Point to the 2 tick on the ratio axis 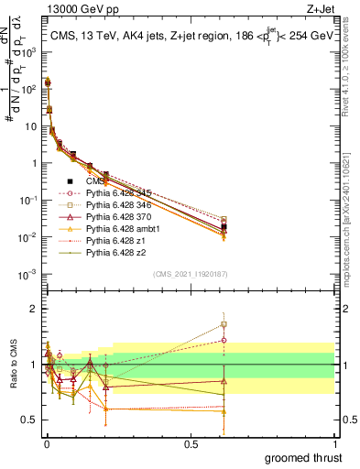pyautogui.click(x=32, y=309)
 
